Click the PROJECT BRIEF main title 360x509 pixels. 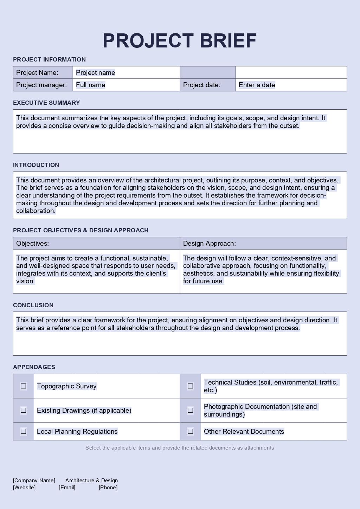[x=180, y=41]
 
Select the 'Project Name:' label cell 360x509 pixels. [x=37, y=73]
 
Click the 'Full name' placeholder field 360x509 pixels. [x=91, y=85]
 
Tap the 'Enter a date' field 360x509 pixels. [x=257, y=85]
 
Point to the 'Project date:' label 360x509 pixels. [x=202, y=85]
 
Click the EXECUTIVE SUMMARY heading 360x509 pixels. [x=46, y=103]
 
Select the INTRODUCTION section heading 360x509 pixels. [x=36, y=165]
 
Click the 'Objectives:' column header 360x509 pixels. [x=33, y=244]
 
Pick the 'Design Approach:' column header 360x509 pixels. [x=210, y=244]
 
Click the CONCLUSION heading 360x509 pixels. [x=33, y=305]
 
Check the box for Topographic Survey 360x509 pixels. [x=24, y=386]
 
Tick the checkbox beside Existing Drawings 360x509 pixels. [x=24, y=410]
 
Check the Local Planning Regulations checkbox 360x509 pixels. [x=24, y=431]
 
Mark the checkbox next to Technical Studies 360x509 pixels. [x=190, y=386]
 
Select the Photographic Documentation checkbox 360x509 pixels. [x=190, y=410]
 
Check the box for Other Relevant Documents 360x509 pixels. [x=190, y=431]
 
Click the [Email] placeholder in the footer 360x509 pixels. [x=67, y=488]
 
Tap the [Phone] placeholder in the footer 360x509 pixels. [x=108, y=488]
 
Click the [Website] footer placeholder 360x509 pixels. [x=24, y=488]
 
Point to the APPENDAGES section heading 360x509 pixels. [x=34, y=367]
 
